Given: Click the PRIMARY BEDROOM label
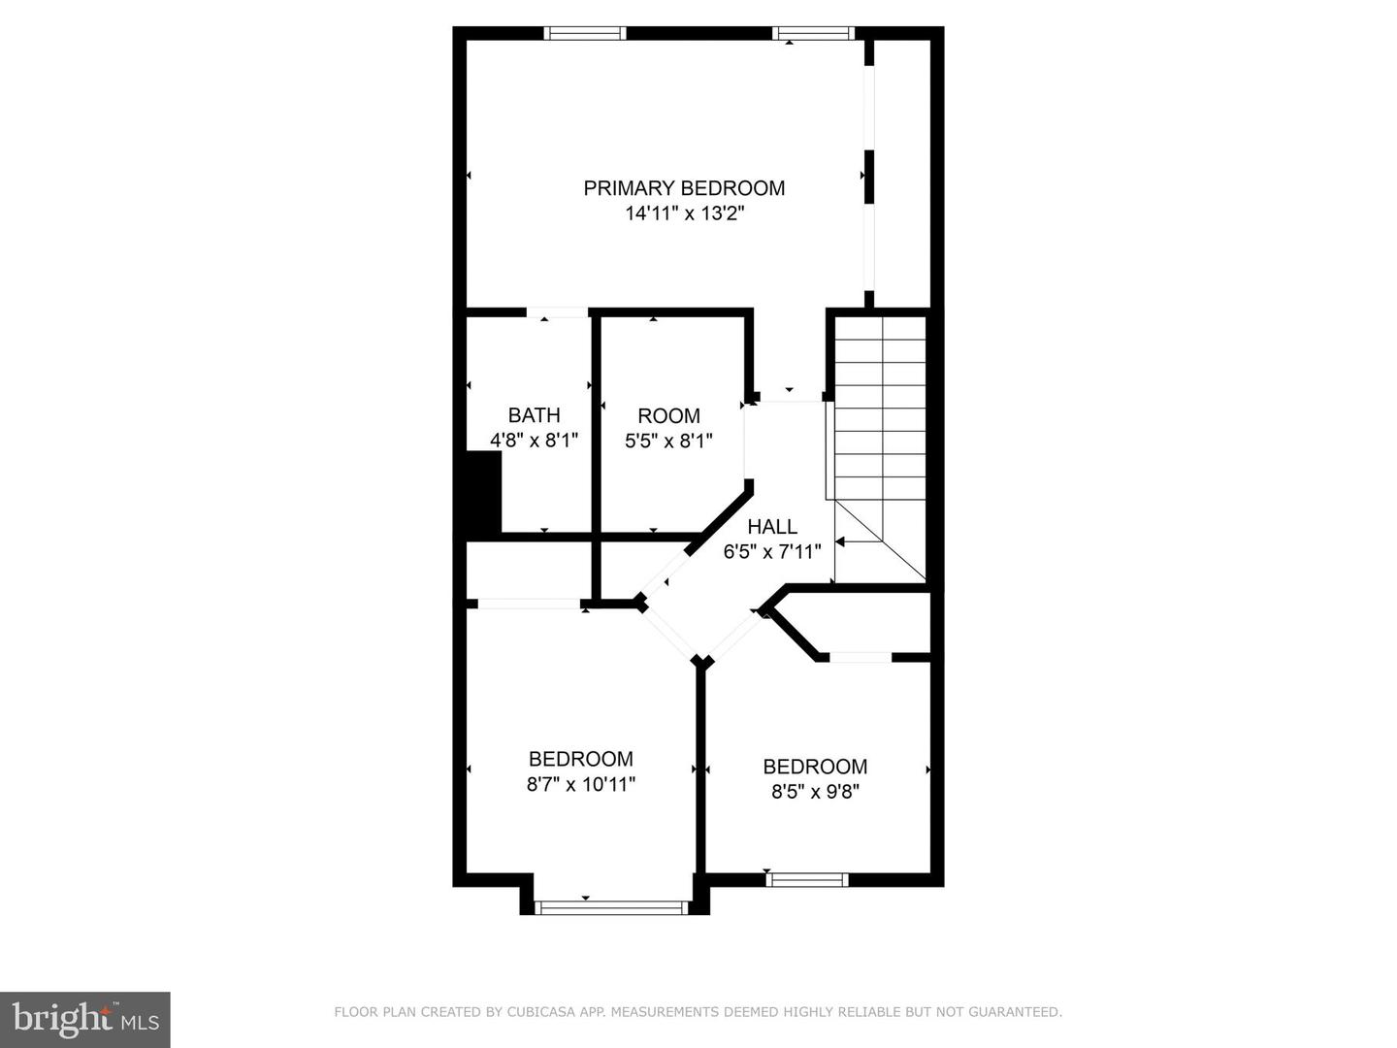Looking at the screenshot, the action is [x=684, y=188].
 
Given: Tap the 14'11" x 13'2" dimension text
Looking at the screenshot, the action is [x=684, y=213].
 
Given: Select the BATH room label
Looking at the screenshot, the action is [x=534, y=415].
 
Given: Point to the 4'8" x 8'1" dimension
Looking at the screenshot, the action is [x=534, y=440].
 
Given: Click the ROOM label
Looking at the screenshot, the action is [x=668, y=415].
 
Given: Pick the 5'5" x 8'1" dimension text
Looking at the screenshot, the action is [x=668, y=441].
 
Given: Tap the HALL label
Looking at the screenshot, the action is [x=772, y=526].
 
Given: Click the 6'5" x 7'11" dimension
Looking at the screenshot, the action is [x=772, y=551].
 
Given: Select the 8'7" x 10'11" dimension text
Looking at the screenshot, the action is [x=580, y=784].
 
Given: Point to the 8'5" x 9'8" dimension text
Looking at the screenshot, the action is [x=815, y=792].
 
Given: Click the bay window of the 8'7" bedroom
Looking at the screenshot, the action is [x=611, y=906].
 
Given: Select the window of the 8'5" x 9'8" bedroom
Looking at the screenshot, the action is [x=807, y=879].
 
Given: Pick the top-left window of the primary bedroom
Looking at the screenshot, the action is [x=585, y=33].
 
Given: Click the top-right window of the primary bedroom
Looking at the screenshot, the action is [x=813, y=33].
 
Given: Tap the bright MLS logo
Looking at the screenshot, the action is [x=85, y=1020].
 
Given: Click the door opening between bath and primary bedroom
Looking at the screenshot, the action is [x=558, y=312].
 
